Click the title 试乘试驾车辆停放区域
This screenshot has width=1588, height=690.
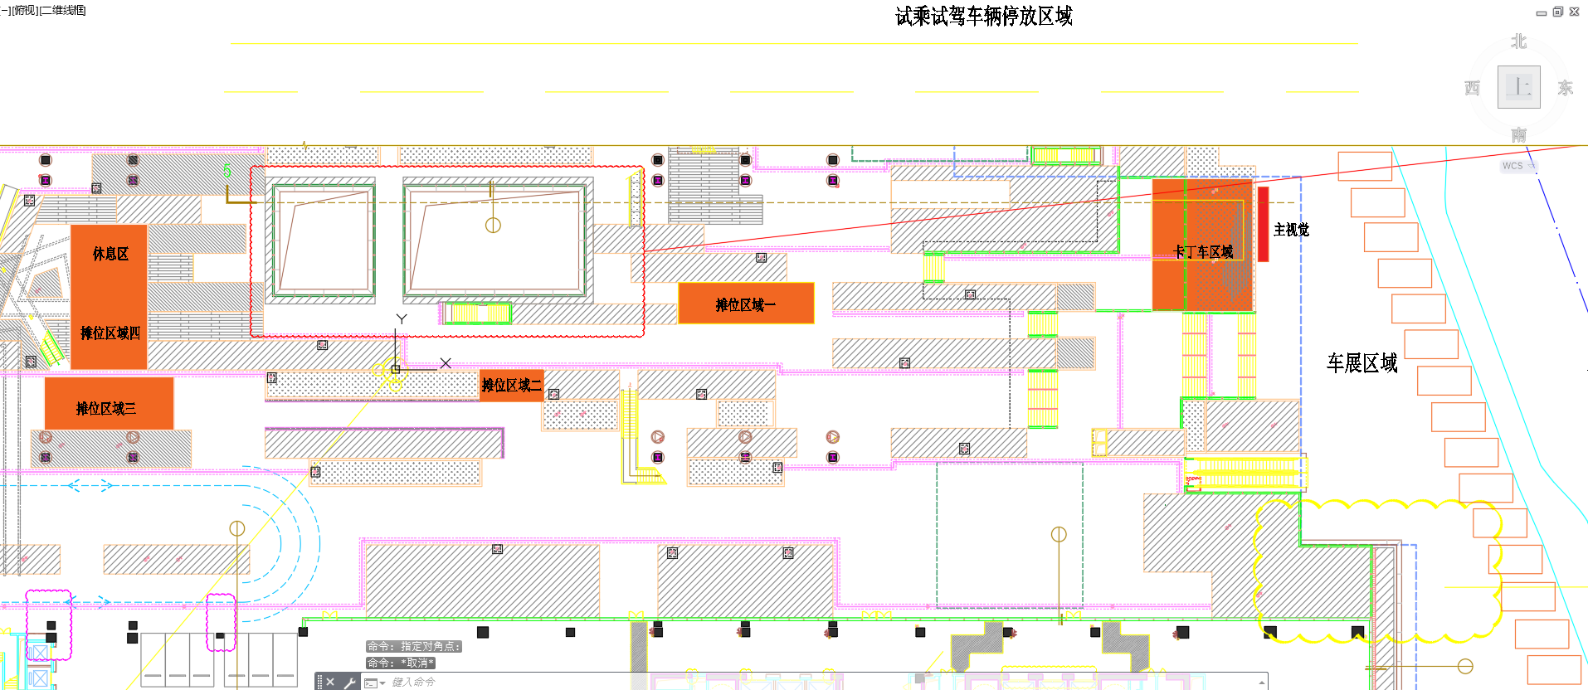pos(983,17)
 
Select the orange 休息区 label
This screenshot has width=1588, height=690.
pos(110,254)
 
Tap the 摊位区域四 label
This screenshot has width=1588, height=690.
pos(110,333)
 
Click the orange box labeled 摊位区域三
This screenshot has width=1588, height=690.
pos(108,404)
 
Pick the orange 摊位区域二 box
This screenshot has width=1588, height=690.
pos(512,386)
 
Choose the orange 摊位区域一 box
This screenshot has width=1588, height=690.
pos(746,304)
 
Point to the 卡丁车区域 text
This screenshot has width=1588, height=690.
pos(1202,252)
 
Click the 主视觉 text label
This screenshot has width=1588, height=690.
pos(1291,230)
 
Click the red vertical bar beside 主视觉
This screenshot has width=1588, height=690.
pos(1263,224)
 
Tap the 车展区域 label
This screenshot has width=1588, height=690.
pos(1361,363)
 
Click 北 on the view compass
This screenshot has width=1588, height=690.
pos(1518,41)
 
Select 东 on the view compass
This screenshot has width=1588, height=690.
pos(1565,88)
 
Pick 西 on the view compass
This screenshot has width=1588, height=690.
pos(1472,88)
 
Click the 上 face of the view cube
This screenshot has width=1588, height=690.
pos(1518,87)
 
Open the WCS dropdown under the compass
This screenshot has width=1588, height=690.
pos(1518,166)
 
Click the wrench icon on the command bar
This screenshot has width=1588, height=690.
pos(349,683)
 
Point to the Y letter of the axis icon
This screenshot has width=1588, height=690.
pos(402,319)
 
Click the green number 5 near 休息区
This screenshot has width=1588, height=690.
pos(227,171)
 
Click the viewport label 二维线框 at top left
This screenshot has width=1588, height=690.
pos(63,11)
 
